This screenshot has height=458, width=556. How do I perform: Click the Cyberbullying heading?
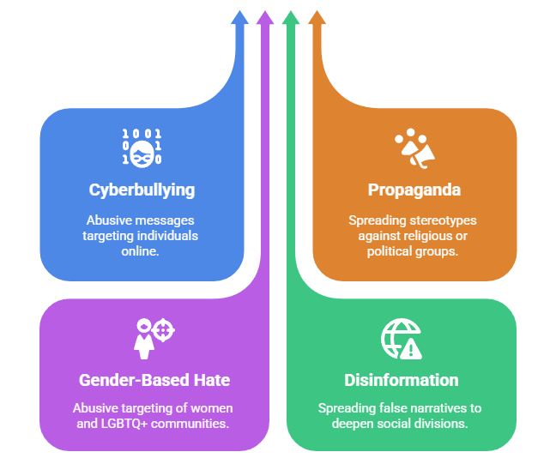(x=142, y=190)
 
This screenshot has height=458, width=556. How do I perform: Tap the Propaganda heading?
(x=414, y=190)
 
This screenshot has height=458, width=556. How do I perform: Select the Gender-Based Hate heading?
(x=142, y=380)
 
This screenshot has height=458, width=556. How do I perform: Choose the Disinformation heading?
(x=402, y=380)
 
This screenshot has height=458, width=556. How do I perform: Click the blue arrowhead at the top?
(x=240, y=18)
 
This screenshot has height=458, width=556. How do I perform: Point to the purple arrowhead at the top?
(x=265, y=18)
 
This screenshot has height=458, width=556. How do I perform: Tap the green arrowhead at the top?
(x=291, y=18)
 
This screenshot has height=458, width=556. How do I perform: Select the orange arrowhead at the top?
(x=316, y=18)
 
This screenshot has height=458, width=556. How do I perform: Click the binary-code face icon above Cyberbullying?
(x=142, y=147)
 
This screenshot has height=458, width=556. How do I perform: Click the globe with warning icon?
(x=402, y=338)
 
